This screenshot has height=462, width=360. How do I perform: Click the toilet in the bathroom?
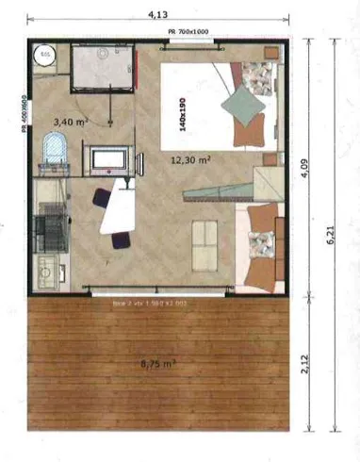point(55,149)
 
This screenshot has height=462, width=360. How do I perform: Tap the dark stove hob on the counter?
point(44,229)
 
